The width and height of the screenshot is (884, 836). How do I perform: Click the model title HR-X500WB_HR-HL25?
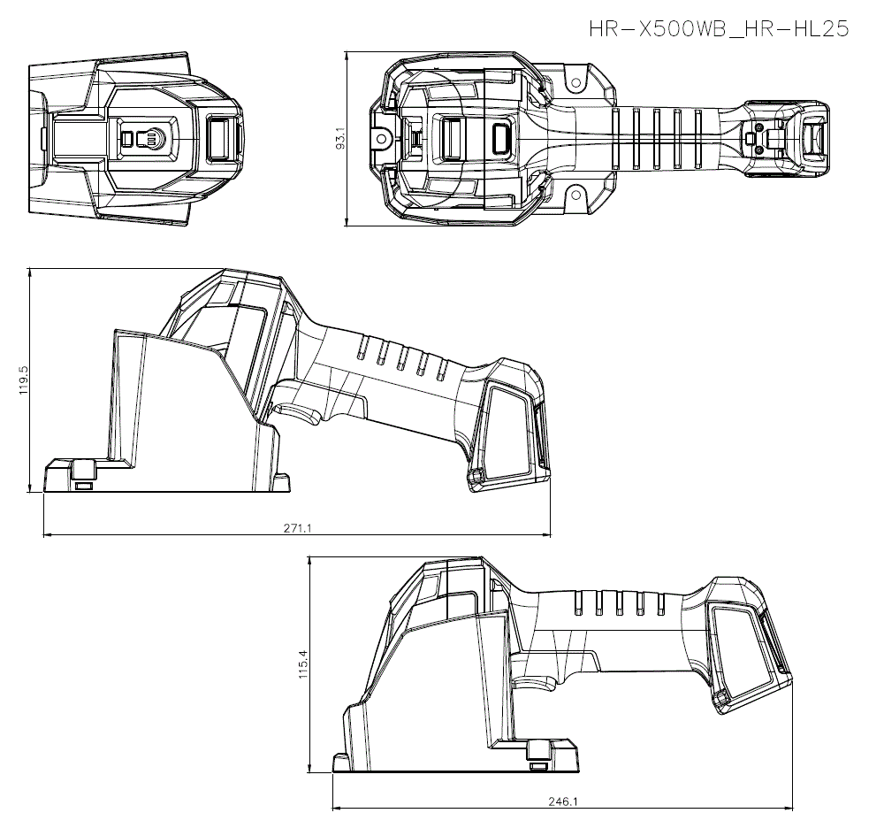coord(719,28)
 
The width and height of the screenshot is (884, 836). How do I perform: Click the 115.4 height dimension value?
coord(303,664)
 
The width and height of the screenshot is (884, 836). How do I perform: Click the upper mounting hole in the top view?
coord(575,83)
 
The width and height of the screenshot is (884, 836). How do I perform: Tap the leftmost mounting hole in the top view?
coord(382,138)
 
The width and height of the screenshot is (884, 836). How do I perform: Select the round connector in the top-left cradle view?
coord(153,139)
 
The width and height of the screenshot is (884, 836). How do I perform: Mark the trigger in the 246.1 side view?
coord(537,684)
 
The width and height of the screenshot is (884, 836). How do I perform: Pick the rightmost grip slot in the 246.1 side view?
coord(661,603)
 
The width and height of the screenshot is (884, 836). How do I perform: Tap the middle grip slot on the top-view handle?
coord(656,138)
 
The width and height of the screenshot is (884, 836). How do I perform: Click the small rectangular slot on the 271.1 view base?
coord(83,485)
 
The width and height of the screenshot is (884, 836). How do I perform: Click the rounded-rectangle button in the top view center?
coord(501,139)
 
